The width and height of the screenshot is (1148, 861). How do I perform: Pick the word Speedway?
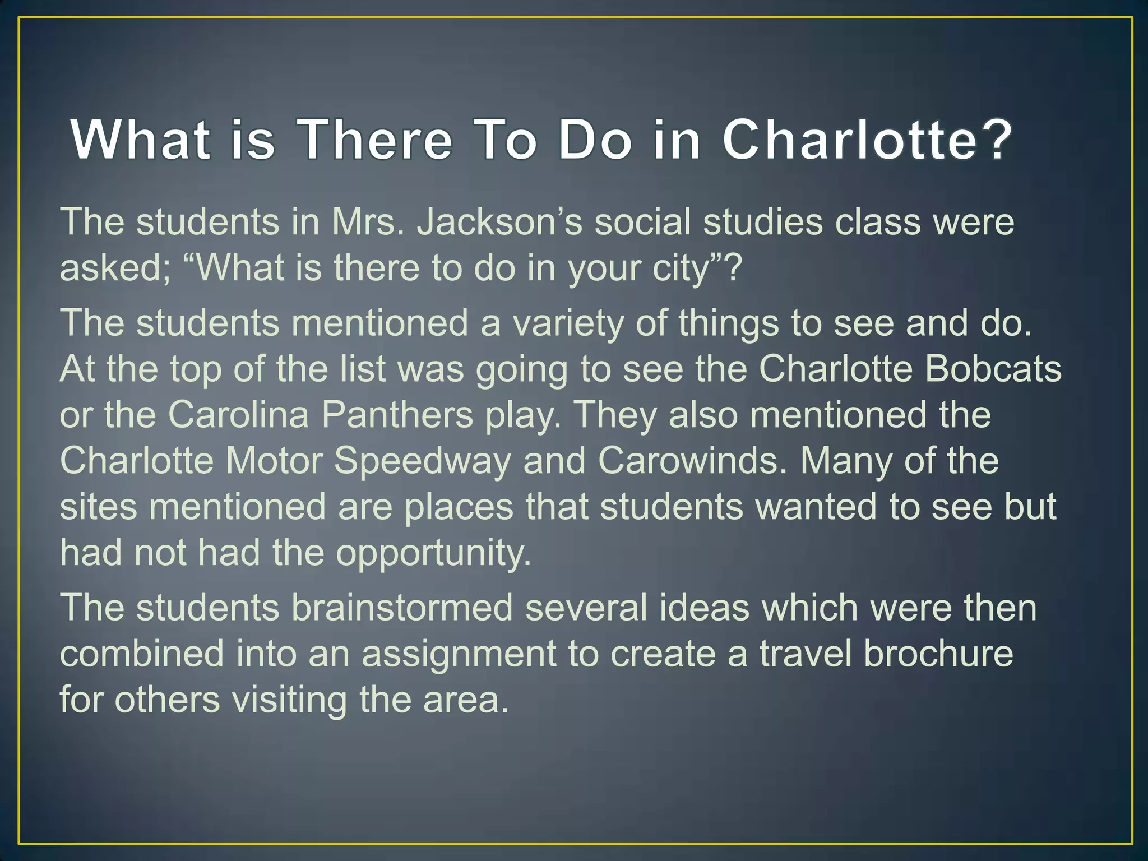[423, 461]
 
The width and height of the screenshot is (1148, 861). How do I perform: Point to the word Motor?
[274, 461]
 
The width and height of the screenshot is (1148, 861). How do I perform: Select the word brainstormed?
[401, 608]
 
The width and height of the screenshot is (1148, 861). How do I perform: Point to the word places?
[459, 508]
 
